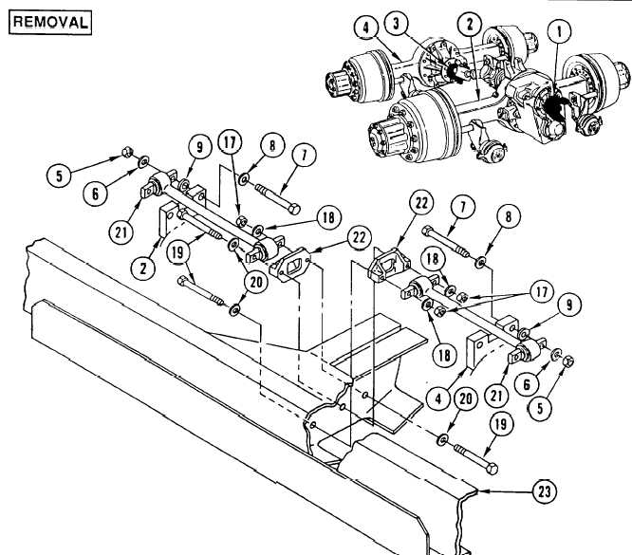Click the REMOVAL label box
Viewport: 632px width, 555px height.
click(50, 23)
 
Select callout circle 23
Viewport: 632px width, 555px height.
click(545, 491)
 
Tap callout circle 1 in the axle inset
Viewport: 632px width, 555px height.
click(559, 32)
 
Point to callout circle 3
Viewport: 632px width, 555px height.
click(397, 24)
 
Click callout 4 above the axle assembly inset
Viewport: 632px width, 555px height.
click(366, 28)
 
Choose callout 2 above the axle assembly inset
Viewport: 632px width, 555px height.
click(470, 24)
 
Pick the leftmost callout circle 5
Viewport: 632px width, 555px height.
click(59, 176)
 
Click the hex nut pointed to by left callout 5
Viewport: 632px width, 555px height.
click(126, 153)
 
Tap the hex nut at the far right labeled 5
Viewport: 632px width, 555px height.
click(567, 361)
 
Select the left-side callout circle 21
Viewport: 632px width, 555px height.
click(121, 232)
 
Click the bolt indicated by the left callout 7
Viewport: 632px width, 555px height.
click(278, 198)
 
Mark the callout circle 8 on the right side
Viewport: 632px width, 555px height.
click(509, 216)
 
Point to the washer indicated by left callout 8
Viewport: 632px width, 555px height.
click(244, 179)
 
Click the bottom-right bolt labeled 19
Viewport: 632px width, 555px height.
click(476, 458)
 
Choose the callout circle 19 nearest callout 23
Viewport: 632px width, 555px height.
click(501, 424)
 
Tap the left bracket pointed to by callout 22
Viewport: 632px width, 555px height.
click(290, 264)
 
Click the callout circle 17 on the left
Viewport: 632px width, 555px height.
click(231, 142)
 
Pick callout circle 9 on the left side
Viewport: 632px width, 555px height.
click(200, 147)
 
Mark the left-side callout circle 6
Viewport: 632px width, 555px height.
click(95, 194)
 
